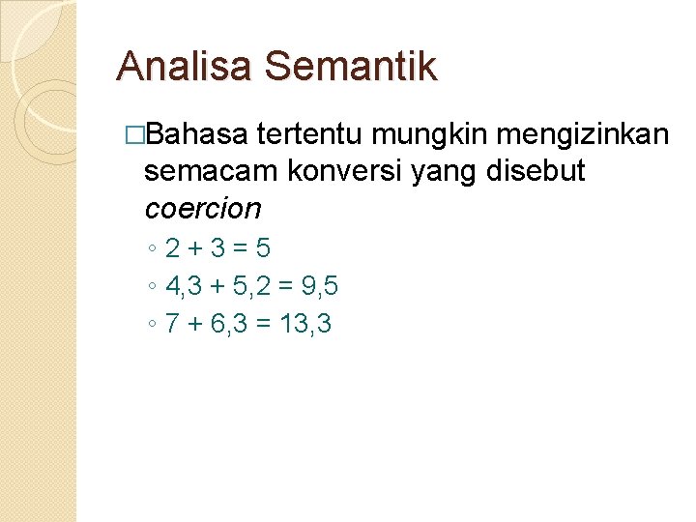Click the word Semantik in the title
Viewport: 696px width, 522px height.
coord(350,67)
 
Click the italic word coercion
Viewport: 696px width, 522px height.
coord(203,208)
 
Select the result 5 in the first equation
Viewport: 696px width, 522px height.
coord(262,248)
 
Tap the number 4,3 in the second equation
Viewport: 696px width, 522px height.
coord(181,286)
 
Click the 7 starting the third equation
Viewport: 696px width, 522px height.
coord(172,324)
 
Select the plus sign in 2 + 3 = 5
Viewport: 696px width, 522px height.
coord(195,249)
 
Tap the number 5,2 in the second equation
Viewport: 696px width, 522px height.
coord(248,286)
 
